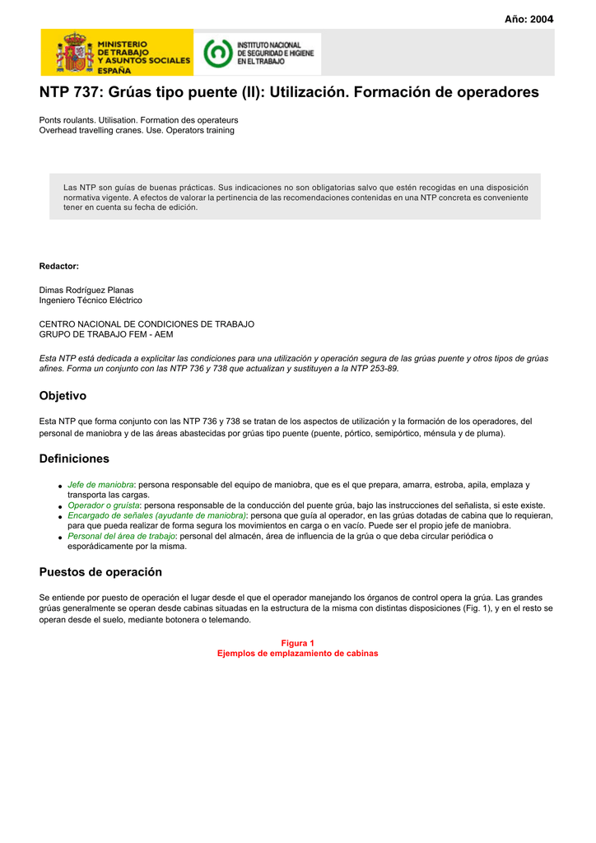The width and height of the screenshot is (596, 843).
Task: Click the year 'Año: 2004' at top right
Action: click(529, 19)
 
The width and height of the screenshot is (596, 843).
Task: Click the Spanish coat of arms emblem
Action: click(75, 53)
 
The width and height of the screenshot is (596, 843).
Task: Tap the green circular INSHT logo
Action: click(217, 53)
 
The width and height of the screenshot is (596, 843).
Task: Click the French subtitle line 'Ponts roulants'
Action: click(138, 120)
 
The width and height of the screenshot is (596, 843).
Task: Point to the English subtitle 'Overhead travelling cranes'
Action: click(137, 130)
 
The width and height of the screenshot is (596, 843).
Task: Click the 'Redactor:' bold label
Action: click(59, 266)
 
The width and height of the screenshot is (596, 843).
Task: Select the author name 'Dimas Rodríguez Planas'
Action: click(86, 290)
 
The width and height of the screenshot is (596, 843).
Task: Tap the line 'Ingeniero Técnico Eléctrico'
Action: click(91, 300)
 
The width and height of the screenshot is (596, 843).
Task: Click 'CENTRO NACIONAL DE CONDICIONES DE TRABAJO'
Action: click(147, 324)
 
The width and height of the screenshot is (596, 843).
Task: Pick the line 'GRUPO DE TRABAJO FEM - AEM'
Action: click(106, 334)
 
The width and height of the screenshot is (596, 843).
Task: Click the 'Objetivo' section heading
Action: click(63, 396)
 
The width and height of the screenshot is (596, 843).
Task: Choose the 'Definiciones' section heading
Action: click(74, 459)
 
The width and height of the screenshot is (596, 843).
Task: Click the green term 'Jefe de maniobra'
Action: click(100, 485)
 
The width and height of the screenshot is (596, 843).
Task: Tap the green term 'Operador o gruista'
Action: click(104, 505)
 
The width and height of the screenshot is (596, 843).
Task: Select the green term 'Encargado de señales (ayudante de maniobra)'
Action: click(156, 515)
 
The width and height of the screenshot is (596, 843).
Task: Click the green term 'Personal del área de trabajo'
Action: click(121, 536)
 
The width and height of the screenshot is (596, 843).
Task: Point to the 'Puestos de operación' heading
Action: click(100, 572)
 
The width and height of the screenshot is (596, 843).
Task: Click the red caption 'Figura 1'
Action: click(298, 643)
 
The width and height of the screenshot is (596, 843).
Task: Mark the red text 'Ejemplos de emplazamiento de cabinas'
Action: click(298, 653)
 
